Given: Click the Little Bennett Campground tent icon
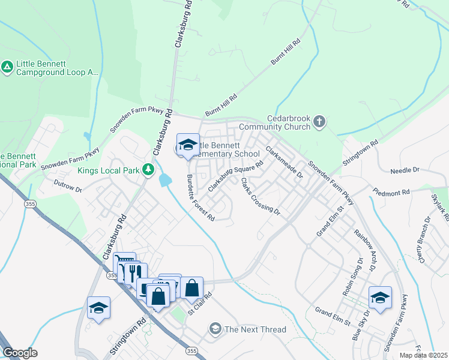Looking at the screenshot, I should click(x=7, y=67).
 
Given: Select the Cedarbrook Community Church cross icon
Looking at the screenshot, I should click(x=319, y=122).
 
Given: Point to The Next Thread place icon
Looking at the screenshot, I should click(x=215, y=329).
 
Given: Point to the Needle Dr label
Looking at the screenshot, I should click(x=404, y=170).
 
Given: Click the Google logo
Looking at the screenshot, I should click(x=20, y=353).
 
